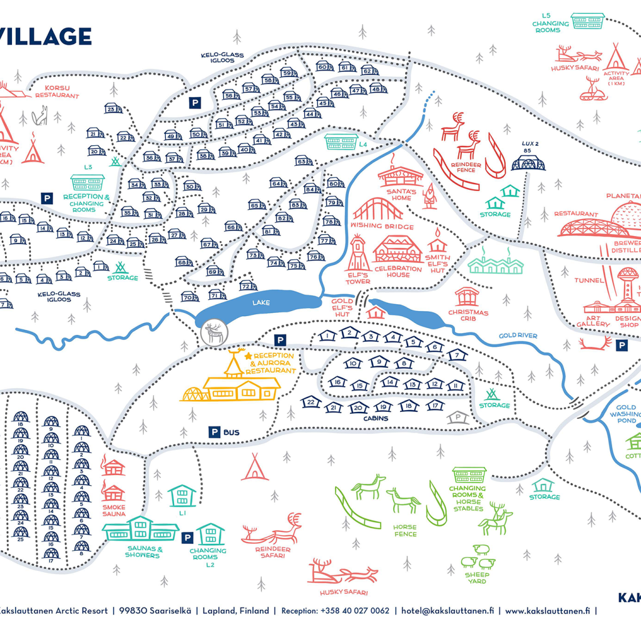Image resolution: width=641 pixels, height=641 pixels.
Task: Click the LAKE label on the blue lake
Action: pyautogui.click(x=261, y=303)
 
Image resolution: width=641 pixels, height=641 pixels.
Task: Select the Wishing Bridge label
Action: pyautogui.click(x=382, y=226)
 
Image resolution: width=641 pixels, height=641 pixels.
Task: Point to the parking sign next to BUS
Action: pyautogui.click(x=214, y=432)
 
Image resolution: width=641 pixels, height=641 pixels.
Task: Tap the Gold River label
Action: pyautogui.click(x=518, y=336)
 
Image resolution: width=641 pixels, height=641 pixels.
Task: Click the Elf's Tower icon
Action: pyautogui.click(x=357, y=254)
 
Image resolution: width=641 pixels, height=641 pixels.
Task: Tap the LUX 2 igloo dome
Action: pyautogui.click(x=528, y=163)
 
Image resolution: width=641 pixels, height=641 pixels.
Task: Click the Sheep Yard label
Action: pyautogui.click(x=477, y=578)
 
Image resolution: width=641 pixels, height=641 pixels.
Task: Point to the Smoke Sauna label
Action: pyautogui.click(x=114, y=511)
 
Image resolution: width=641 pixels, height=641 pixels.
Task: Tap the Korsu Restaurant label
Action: pyautogui.click(x=57, y=92)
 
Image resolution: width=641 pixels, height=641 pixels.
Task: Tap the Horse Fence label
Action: pyautogui.click(x=405, y=530)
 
